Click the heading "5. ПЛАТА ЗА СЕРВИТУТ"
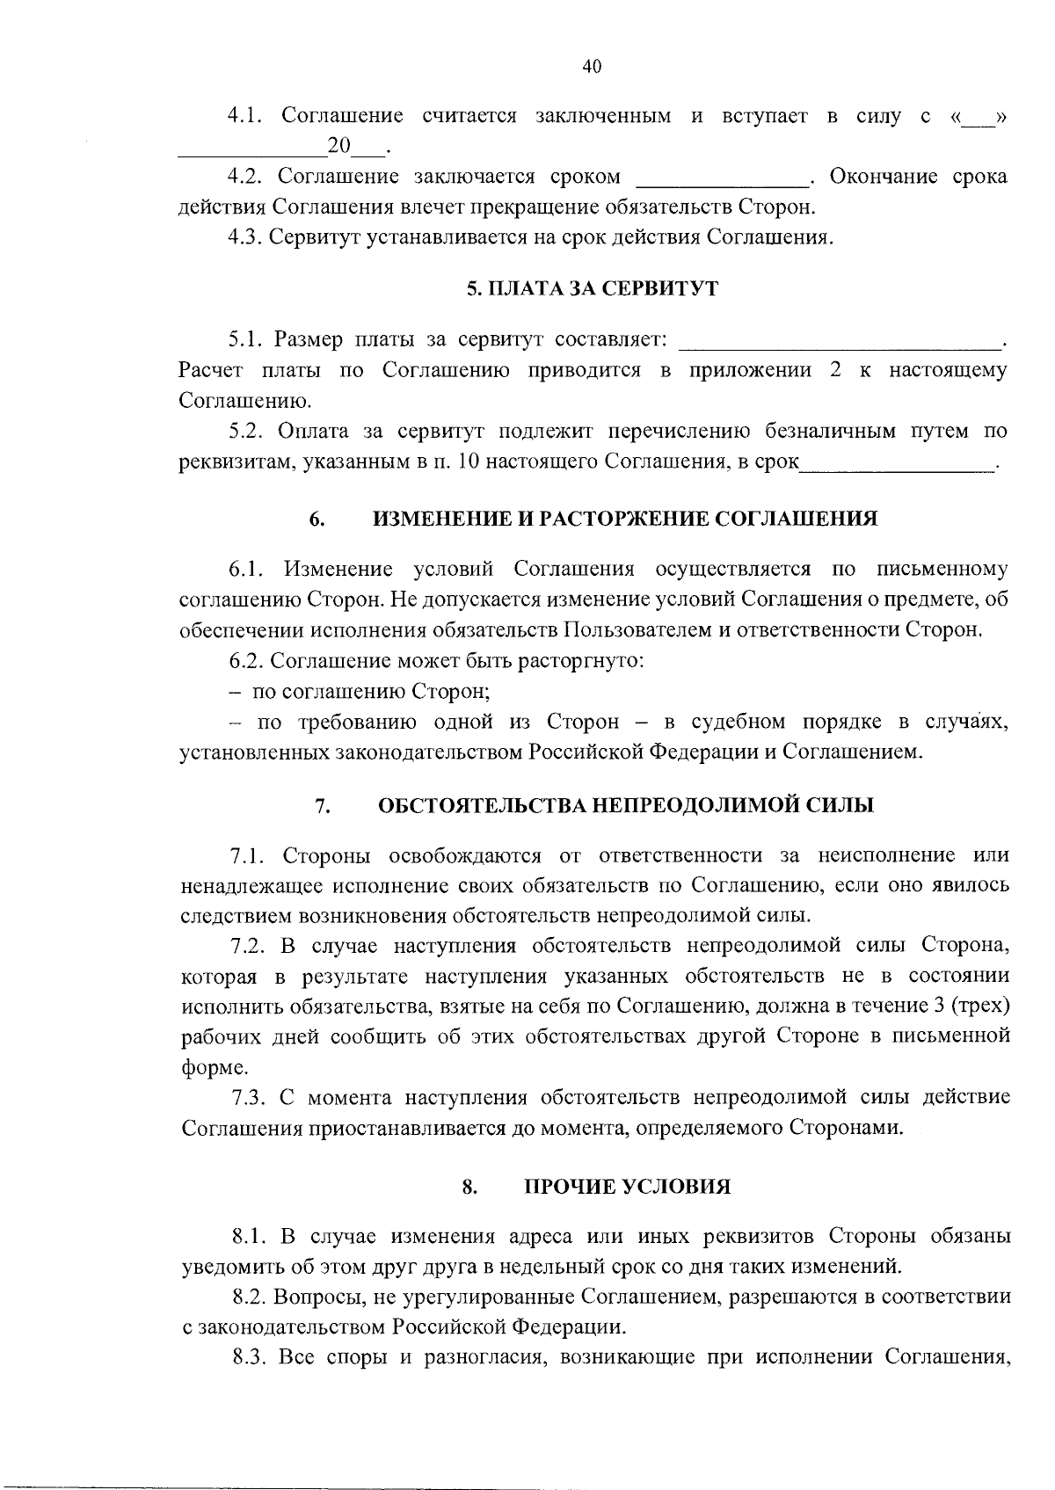592,289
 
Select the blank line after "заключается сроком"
721,178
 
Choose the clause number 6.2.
247,660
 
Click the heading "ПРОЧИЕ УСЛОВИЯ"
628,1188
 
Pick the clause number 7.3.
250,1097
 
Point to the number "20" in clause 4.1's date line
338,145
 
